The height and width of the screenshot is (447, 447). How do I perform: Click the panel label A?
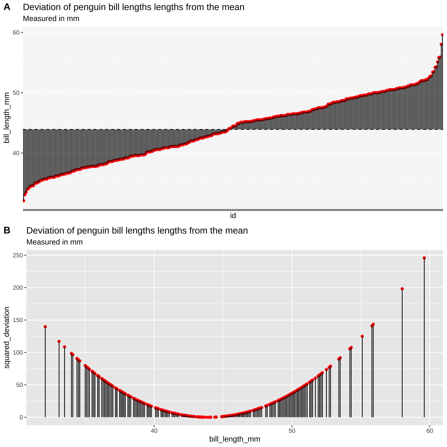pyautogui.click(x=7, y=7)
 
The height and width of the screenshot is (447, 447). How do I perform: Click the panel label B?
pyautogui.click(x=7, y=230)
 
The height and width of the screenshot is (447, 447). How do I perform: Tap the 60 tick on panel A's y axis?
pyautogui.click(x=16, y=32)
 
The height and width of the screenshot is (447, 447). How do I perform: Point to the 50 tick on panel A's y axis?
pyautogui.click(x=16, y=93)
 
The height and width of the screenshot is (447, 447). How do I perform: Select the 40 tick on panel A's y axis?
pyautogui.click(x=16, y=153)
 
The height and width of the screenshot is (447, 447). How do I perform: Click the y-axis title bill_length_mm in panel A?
pyautogui.click(x=7, y=118)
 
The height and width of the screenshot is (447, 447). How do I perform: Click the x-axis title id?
pyautogui.click(x=233, y=216)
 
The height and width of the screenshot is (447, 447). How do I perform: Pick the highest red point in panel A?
pyautogui.click(x=442, y=35)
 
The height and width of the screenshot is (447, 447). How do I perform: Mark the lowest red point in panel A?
pyautogui.click(x=24, y=201)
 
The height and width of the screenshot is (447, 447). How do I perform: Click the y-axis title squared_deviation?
pyautogui.click(x=7, y=338)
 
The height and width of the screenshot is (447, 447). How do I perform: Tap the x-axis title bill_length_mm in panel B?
pyautogui.click(x=235, y=439)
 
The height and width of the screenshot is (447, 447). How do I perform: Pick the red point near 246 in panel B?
pyautogui.click(x=424, y=258)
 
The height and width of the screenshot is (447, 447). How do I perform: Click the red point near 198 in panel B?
pyautogui.click(x=402, y=289)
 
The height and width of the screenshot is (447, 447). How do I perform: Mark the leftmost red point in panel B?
pyautogui.click(x=45, y=327)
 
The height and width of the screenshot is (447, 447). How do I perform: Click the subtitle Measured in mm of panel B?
pyautogui.click(x=55, y=242)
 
